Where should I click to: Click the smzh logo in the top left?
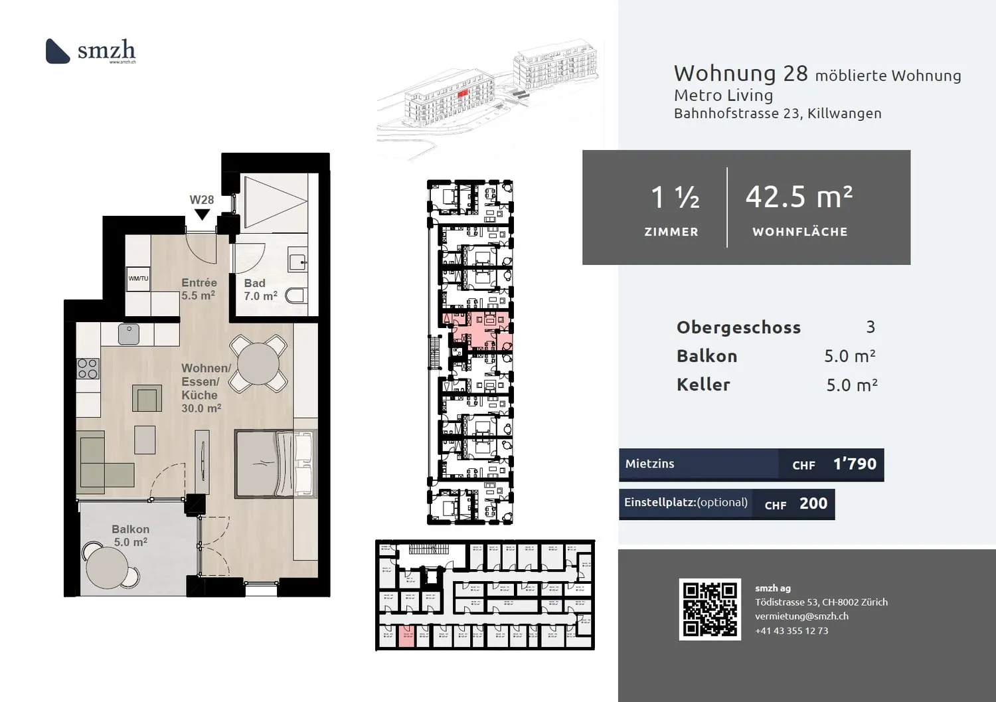90,51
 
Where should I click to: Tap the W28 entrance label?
202,200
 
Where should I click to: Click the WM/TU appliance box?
138,279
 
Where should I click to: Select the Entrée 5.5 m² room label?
199,289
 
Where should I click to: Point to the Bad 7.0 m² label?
260,290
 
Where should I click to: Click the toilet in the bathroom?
295,295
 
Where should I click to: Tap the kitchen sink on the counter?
129,333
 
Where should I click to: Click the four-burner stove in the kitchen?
88,368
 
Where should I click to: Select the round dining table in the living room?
258,363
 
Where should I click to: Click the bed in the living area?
275,464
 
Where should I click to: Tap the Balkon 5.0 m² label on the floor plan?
130,535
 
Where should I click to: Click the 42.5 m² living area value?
799,197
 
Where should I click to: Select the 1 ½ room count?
674,197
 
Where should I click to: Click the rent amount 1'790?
855,464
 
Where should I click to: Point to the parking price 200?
813,504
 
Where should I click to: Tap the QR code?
710,609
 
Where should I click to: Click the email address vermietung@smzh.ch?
801,616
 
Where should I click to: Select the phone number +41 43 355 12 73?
791,631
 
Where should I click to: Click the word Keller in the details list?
703,385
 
